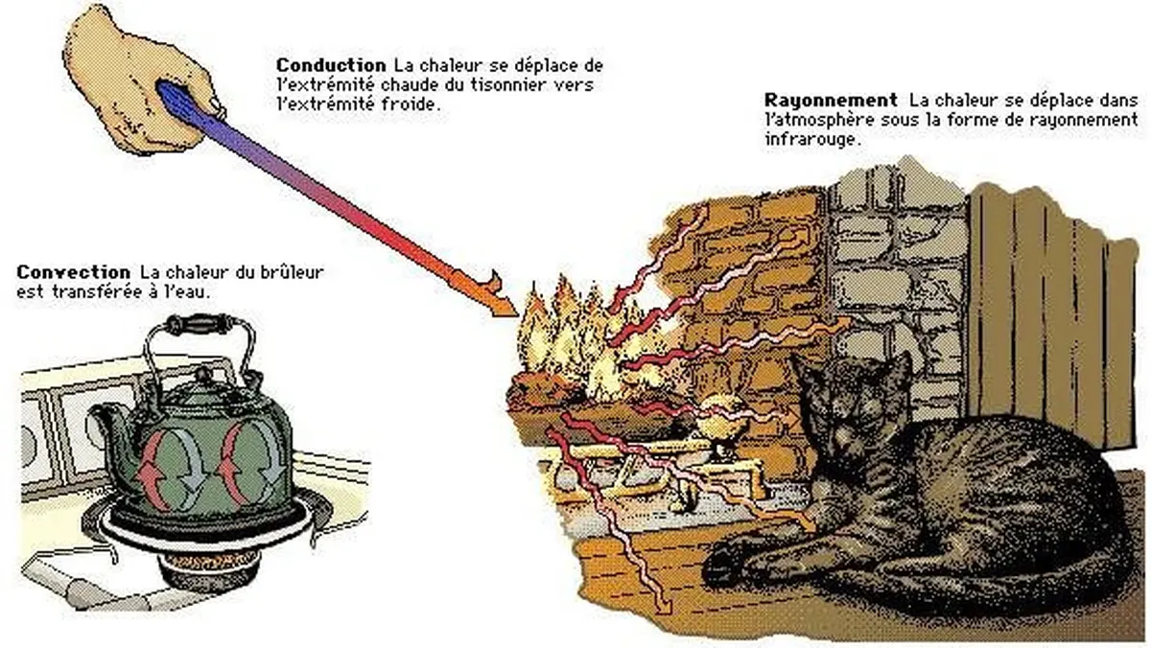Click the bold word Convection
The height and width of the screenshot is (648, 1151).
point(73,272)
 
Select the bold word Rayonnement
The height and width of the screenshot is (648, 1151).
point(831,100)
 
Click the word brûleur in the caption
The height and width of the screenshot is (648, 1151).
point(290,272)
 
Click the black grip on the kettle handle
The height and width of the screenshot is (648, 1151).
point(202,324)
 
